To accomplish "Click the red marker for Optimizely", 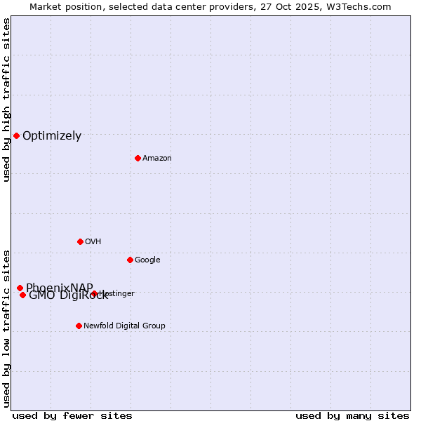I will (x=16, y=135).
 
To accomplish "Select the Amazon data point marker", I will (x=138, y=158).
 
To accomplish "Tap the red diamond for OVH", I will (x=80, y=241).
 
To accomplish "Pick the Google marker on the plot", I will (x=130, y=260).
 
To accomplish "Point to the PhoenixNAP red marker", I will (x=20, y=288).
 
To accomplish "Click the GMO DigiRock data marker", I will (x=22, y=295).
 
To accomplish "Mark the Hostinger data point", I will (x=94, y=293).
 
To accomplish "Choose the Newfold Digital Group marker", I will (x=79, y=326).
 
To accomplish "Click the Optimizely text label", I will (x=52, y=136).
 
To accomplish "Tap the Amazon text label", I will (x=157, y=159).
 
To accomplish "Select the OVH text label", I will (x=93, y=242).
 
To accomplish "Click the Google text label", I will (x=147, y=260).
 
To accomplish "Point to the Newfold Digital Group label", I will (x=124, y=326).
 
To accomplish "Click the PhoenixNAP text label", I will (x=59, y=287).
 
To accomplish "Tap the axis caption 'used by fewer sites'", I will (x=72, y=415).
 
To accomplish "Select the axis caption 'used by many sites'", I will (x=352, y=415).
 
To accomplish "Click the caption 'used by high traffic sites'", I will (x=6, y=100).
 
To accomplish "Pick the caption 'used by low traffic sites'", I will (x=6, y=328).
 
